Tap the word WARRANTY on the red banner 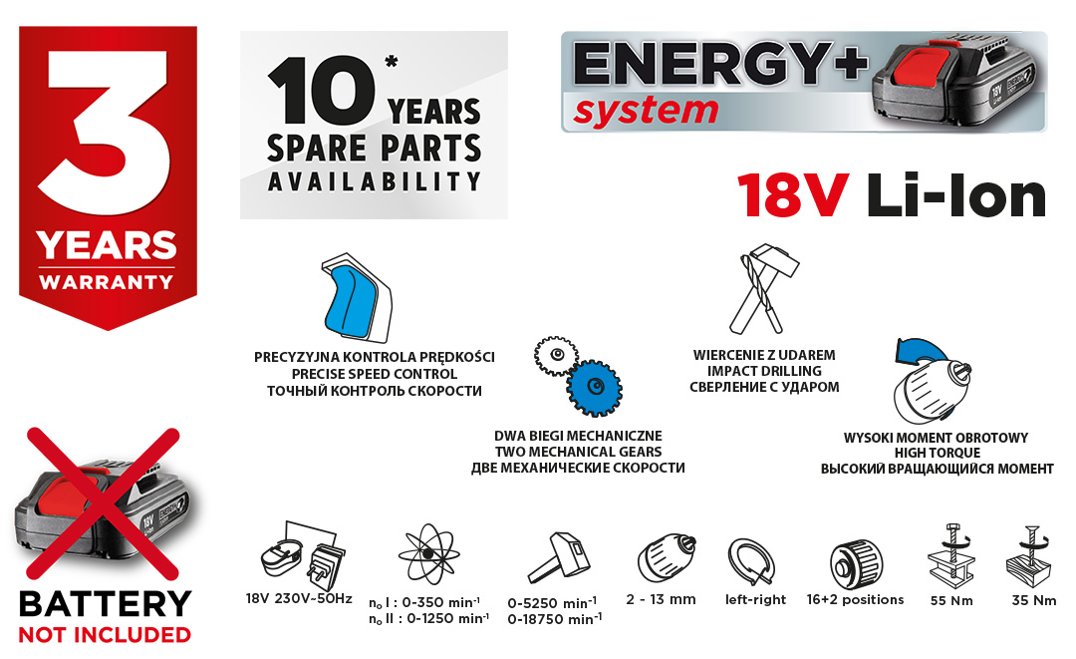pyautogui.click(x=107, y=282)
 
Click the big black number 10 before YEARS pyautogui.click(x=321, y=92)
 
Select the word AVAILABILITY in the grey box pyautogui.click(x=374, y=181)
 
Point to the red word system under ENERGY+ pyautogui.click(x=646, y=112)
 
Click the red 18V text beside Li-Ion pyautogui.click(x=793, y=196)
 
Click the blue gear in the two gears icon pyautogui.click(x=594, y=388)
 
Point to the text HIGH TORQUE pyautogui.click(x=937, y=453)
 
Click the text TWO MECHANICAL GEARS pyautogui.click(x=578, y=452)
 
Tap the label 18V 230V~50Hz pyautogui.click(x=299, y=598)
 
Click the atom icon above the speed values pyautogui.click(x=428, y=553)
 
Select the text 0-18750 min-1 pyautogui.click(x=555, y=619)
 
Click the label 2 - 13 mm pyautogui.click(x=661, y=599)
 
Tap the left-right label pyautogui.click(x=755, y=599)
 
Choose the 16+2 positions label pyautogui.click(x=855, y=599)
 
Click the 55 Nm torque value pyautogui.click(x=951, y=600)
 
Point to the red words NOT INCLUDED pyautogui.click(x=105, y=635)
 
